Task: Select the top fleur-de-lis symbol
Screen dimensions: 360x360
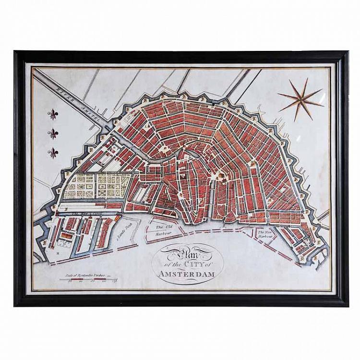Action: [x=52, y=114]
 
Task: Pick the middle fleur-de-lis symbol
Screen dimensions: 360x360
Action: [x=52, y=133]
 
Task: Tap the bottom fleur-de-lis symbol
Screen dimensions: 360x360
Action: [x=52, y=152]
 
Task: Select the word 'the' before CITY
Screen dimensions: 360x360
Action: [x=174, y=265]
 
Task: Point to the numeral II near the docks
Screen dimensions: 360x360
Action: [x=58, y=250]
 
